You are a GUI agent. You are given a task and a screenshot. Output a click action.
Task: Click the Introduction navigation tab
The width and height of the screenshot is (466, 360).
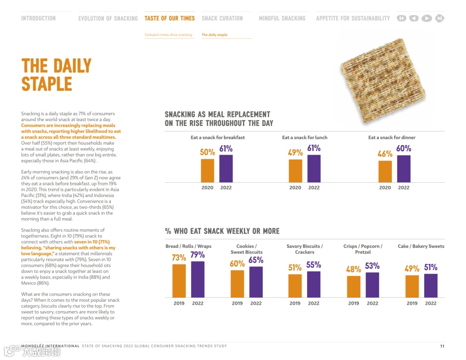(x=38, y=19)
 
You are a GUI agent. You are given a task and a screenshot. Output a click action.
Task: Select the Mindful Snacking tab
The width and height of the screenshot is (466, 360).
(x=282, y=19)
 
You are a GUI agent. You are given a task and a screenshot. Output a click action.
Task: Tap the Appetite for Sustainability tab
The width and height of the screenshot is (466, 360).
(x=353, y=19)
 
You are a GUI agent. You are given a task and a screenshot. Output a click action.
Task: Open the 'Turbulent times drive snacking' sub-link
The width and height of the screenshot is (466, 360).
(x=168, y=35)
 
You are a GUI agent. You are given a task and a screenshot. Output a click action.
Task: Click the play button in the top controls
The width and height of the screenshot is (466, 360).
(x=426, y=19)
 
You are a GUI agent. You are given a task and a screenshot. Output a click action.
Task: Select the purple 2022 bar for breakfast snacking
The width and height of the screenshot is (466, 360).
(x=226, y=169)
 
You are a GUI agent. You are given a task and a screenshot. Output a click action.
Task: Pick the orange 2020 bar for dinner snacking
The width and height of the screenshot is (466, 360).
(x=385, y=171)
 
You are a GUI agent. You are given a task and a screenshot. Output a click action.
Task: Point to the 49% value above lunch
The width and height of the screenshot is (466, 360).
(x=295, y=153)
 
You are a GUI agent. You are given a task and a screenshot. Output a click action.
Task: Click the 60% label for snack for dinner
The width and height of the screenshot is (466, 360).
(x=403, y=149)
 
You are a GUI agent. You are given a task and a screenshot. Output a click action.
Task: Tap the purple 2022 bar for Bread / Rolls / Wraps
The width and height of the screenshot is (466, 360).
(x=198, y=279)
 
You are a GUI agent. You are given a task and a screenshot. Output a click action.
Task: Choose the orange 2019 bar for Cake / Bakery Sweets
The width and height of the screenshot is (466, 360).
(x=412, y=286)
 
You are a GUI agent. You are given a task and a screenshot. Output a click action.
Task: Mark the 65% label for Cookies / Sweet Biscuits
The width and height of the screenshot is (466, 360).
(x=256, y=260)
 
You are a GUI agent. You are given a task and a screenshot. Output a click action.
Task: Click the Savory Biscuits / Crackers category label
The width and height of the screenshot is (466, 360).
(x=305, y=249)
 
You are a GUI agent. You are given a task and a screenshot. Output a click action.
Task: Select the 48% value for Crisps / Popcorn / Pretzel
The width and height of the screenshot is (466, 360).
(x=353, y=269)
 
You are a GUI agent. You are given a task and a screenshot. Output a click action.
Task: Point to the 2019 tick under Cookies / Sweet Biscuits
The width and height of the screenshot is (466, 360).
(x=237, y=304)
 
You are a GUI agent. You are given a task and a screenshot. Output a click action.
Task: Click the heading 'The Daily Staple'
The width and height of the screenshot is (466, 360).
(x=56, y=75)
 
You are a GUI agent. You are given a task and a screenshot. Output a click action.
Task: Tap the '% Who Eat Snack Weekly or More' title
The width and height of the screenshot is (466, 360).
(x=222, y=231)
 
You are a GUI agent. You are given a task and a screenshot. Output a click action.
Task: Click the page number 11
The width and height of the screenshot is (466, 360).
(x=442, y=346)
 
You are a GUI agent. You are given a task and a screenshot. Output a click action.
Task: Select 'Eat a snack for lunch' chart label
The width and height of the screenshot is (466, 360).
(x=305, y=138)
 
